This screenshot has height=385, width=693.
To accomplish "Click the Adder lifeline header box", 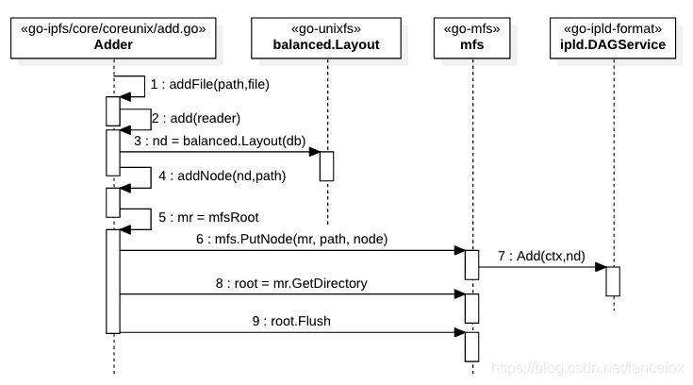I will [x=113, y=37].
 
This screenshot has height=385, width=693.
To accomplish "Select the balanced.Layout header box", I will [x=327, y=37].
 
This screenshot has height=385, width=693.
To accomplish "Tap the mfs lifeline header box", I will [x=471, y=37].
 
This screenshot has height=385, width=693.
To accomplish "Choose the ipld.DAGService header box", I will [x=613, y=37].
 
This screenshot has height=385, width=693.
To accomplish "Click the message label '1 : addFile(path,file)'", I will [x=209, y=84].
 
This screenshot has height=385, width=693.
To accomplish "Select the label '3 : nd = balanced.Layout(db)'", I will [x=219, y=141].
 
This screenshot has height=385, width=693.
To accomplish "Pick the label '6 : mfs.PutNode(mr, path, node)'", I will [x=291, y=239].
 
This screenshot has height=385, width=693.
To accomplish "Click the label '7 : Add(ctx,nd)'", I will [x=541, y=256].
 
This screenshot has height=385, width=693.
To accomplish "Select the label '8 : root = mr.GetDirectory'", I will [x=290, y=282].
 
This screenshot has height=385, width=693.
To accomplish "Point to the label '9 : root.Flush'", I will [x=291, y=320].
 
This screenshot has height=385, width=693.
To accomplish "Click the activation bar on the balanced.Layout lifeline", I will [x=327, y=164].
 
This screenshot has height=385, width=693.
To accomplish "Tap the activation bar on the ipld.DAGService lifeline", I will [x=613, y=281].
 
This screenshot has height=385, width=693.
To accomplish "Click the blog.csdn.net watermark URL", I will [x=592, y=365].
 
